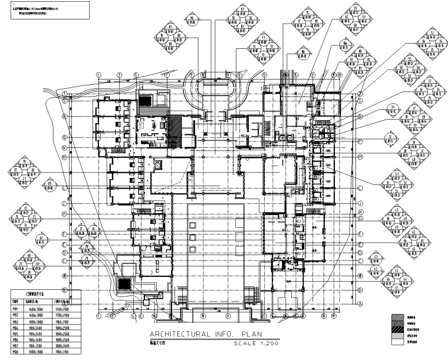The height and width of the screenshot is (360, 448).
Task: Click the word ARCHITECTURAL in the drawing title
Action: click(x=167, y=335)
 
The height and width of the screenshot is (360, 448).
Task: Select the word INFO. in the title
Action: click(x=221, y=335)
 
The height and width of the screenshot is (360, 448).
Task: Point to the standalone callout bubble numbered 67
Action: click(x=41, y=240)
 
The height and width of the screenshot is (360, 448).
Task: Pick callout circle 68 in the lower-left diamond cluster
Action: click(x=29, y=255)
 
